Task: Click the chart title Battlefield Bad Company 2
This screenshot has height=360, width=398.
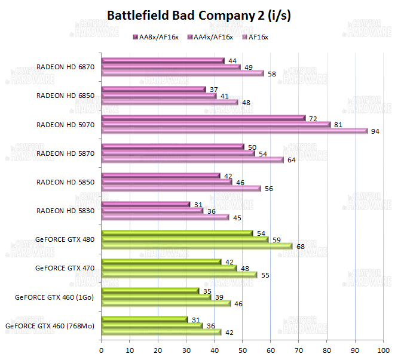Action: point(199,16)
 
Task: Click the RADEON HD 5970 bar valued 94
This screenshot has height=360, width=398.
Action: point(234,131)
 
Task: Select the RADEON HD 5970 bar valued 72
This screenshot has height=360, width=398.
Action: point(203,118)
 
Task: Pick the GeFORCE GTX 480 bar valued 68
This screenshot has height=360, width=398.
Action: point(197,245)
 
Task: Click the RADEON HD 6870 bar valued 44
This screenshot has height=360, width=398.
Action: point(163,61)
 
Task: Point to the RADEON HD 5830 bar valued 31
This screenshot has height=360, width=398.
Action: point(145,204)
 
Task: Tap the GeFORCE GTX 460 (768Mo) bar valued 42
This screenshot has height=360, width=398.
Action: point(161,332)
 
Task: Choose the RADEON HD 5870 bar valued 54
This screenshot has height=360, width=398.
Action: point(177,153)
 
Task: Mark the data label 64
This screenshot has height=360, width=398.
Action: point(291,160)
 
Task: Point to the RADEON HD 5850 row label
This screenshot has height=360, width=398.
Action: point(65,181)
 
